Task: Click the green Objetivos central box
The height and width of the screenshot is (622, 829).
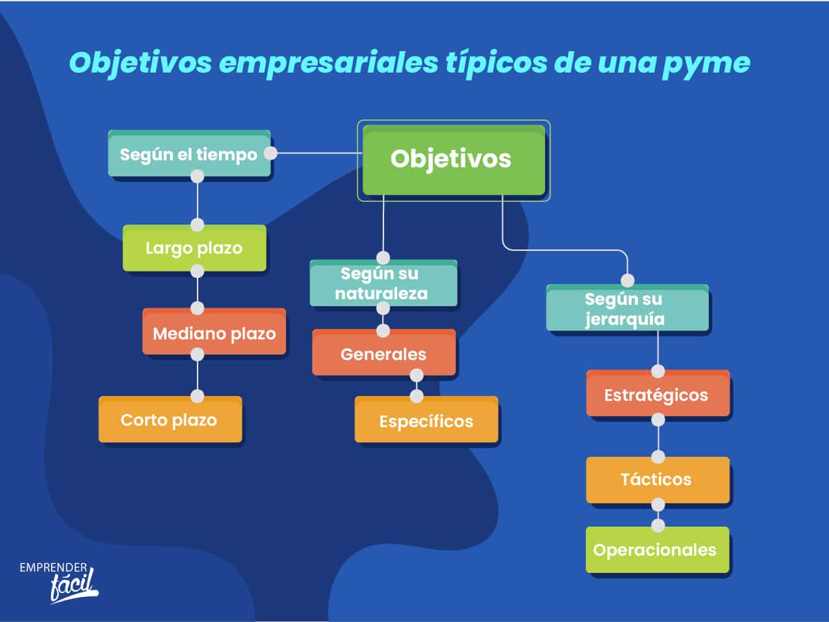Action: pyautogui.click(x=454, y=160)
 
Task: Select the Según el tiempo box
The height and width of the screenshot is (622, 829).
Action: pyautogui.click(x=189, y=153)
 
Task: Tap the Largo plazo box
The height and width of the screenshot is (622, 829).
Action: pyautogui.click(x=194, y=247)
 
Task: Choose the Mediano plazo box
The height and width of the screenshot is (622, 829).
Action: pyautogui.click(x=214, y=332)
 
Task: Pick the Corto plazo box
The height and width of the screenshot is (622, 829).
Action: pyautogui.click(x=170, y=420)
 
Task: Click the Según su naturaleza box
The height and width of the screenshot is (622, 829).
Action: pyautogui.click(x=383, y=283)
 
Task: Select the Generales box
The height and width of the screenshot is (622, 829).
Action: pyautogui.click(x=383, y=352)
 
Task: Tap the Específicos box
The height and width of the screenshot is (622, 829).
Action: pyautogui.click(x=426, y=420)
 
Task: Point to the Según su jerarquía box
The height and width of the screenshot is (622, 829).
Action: pyautogui.click(x=627, y=308)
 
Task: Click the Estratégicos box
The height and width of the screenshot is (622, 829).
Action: pyautogui.click(x=658, y=393)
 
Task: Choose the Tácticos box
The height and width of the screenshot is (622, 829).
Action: pyautogui.click(x=658, y=480)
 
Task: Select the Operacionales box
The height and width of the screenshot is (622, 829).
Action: pyautogui.click(x=658, y=550)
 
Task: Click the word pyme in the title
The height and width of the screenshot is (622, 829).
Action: pyautogui.click(x=707, y=64)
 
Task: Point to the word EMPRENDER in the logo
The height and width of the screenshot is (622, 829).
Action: pyautogui.click(x=53, y=567)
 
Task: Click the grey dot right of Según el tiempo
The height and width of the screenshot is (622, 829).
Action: pyautogui.click(x=270, y=153)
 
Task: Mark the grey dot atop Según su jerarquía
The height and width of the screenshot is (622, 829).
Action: pyautogui.click(x=627, y=281)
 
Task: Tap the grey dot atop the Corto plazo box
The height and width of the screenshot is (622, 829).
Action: pyautogui.click(x=197, y=396)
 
